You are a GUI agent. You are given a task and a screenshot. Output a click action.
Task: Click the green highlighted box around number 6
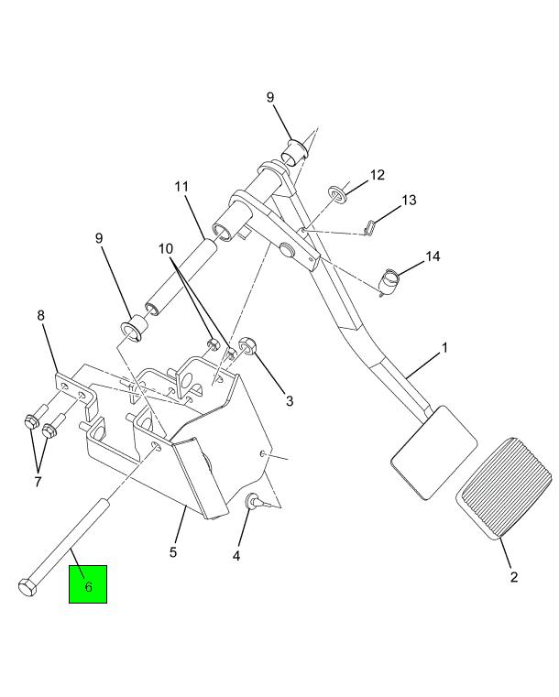pos(88,584)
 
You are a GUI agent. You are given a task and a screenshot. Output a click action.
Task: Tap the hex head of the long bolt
pos(27,587)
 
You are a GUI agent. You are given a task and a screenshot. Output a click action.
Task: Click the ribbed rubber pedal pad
pos(504,488)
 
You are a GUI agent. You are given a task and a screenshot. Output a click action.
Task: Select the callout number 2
pos(514,577)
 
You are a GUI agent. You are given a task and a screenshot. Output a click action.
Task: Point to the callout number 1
pos(444,348)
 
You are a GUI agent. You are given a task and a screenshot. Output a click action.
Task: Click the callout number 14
pos(433,256)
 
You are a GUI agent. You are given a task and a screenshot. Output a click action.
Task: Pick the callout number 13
pos(409,200)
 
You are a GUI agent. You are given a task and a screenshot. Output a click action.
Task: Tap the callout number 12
pos(377,175)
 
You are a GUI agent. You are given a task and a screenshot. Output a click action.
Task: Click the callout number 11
pos(181,186)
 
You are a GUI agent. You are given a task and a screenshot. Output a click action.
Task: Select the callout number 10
pos(166,249)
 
